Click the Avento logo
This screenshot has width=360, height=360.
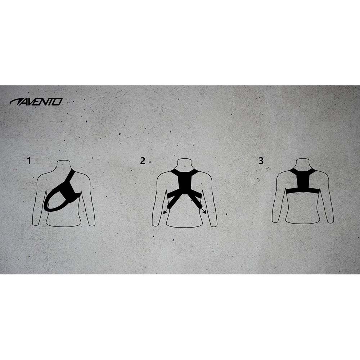pos(36,102)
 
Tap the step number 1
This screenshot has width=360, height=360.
pos(29,161)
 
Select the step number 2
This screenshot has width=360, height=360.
pos(143,161)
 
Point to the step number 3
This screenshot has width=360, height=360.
pos(261,161)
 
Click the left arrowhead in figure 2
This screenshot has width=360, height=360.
pos(165,212)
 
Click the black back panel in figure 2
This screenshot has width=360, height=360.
pos(184,181)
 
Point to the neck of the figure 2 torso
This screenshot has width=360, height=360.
pos(185,164)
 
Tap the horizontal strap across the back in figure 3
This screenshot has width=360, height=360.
pos(302,190)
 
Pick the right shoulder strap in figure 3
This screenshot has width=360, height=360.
pos(311,171)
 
